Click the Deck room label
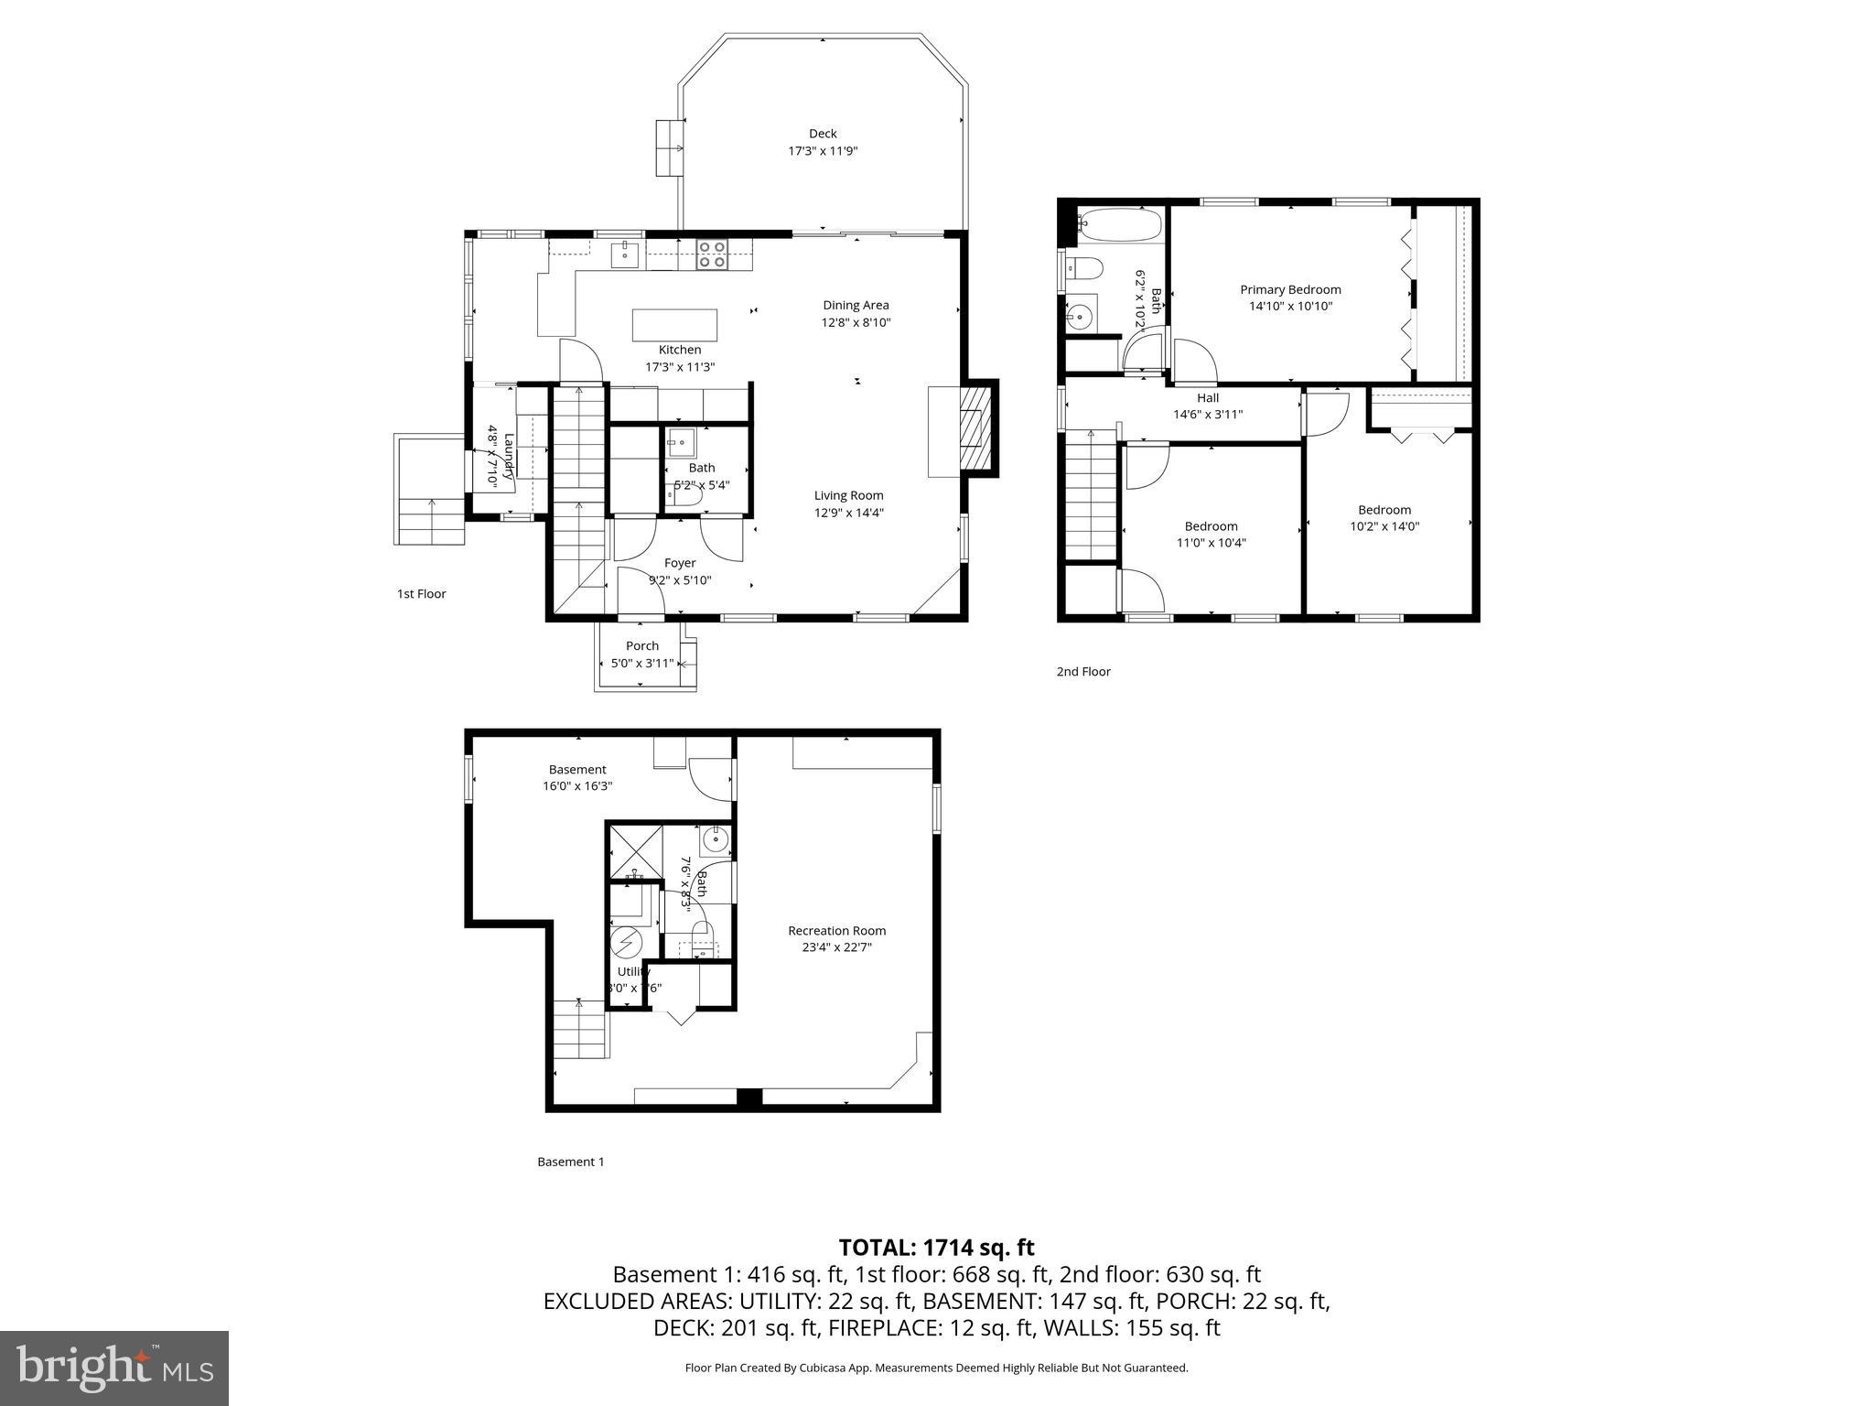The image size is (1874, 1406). (x=822, y=134)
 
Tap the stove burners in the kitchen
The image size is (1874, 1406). (x=711, y=254)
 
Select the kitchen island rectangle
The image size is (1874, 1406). (x=674, y=325)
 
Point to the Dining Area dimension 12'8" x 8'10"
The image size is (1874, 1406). (x=855, y=322)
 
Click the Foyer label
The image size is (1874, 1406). (x=680, y=563)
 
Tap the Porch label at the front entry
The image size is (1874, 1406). (x=641, y=645)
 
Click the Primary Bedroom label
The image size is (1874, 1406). (x=1290, y=289)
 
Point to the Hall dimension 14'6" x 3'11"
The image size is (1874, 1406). (x=1208, y=414)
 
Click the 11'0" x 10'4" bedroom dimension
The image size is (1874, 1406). (x=1211, y=542)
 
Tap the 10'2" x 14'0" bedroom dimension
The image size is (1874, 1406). (x=1384, y=526)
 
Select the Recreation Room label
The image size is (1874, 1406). (x=836, y=930)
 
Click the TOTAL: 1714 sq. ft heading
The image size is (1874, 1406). (x=936, y=1247)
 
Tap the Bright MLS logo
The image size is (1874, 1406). (x=114, y=1368)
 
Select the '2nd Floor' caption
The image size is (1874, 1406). (x=1083, y=671)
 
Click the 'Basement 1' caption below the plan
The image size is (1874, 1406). (x=570, y=1162)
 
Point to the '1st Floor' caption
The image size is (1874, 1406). (x=421, y=593)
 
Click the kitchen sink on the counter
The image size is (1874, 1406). (x=625, y=252)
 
